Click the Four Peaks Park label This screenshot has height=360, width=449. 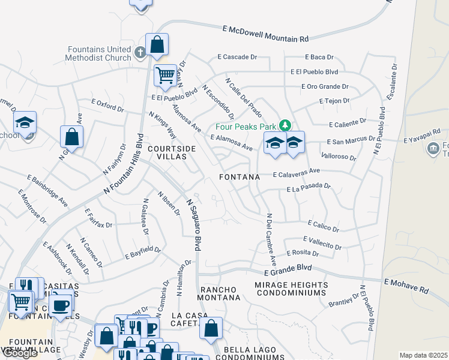point(247,127)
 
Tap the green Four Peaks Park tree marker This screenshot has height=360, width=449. point(286,126)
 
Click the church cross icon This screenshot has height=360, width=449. point(140,53)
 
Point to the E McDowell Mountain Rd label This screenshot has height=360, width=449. point(265,34)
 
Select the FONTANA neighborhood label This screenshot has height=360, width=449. point(240,177)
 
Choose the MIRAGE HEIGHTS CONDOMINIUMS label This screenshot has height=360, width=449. point(291,289)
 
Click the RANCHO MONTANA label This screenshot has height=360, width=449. point(219,293)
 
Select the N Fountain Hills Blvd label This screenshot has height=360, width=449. point(124,167)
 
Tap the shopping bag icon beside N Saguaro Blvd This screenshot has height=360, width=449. point(211,328)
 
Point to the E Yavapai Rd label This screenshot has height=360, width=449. point(422,135)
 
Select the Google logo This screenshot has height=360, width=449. point(20,353)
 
